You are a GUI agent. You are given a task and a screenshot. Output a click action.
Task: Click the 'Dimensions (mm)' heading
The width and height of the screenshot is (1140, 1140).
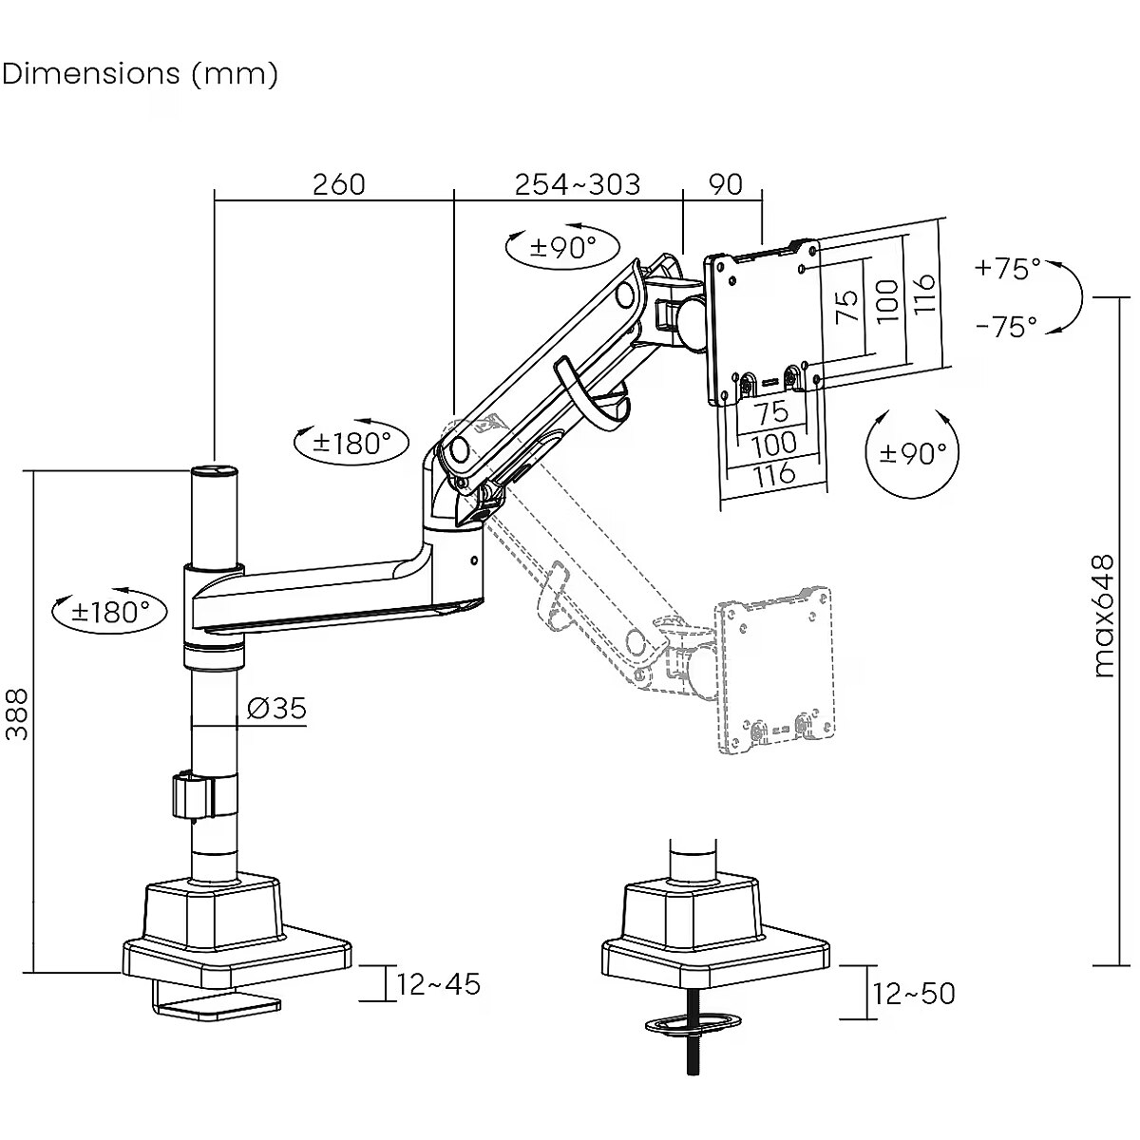tap(141, 73)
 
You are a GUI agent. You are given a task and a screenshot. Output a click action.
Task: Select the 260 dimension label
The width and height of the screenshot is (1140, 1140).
tap(339, 183)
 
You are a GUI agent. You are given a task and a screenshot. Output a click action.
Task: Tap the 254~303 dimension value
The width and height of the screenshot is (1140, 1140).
tap(578, 183)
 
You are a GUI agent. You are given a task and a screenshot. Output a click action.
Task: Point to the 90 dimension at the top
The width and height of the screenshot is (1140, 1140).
tap(726, 183)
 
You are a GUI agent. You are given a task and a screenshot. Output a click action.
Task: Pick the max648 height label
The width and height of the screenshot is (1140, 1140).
tap(1103, 617)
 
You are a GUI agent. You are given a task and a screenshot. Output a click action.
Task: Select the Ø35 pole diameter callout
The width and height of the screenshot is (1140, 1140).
tap(276, 708)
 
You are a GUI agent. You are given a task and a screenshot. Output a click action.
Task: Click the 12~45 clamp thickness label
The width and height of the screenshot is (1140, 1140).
tap(439, 984)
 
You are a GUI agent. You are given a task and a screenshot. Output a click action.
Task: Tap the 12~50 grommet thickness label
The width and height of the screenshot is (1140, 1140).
tap(914, 994)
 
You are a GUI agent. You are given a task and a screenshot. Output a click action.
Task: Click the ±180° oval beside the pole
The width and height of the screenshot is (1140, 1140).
tap(109, 612)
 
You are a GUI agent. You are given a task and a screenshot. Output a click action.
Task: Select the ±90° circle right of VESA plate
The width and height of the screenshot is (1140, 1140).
tap(913, 453)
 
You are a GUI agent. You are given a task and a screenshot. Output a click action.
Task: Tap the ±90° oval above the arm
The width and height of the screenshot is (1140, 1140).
tap(561, 248)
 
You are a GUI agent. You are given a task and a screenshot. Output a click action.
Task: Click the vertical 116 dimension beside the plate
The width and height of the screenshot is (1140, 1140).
tap(926, 294)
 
